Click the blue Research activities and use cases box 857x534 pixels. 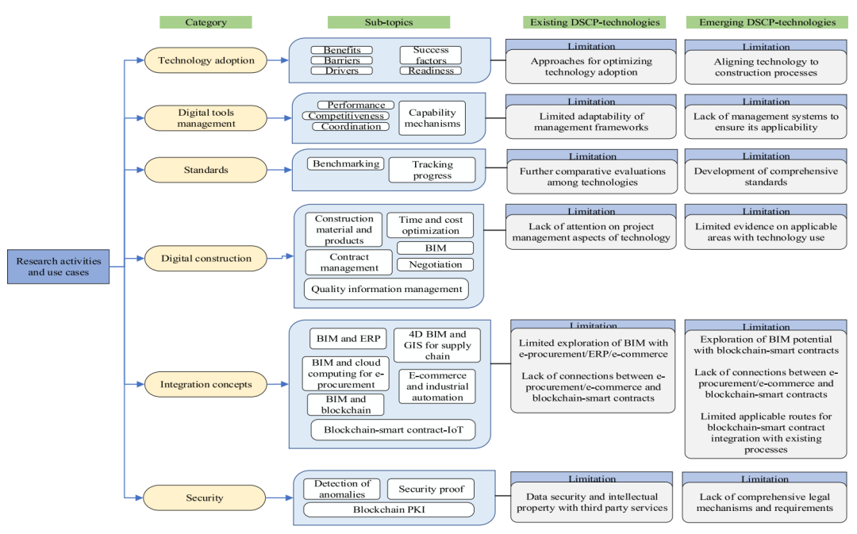coord(59,267)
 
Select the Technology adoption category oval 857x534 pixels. coord(206,60)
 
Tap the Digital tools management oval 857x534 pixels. coord(206,118)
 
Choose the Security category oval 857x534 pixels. coord(205,498)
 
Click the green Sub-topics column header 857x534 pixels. coord(389,22)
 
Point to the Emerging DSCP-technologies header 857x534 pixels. coord(767,22)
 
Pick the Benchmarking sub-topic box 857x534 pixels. coord(346,163)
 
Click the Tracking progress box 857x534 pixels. coord(432,170)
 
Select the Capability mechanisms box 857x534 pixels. coord(432,118)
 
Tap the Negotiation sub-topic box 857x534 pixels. coord(435,264)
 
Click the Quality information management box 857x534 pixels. coord(386,289)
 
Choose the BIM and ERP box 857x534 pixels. coord(348,338)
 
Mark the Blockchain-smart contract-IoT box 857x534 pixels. coord(393,429)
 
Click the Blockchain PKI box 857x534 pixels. coord(389,509)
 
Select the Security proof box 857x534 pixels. coord(431,490)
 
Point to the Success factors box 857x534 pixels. coord(431,56)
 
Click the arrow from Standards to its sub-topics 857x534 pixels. coord(279,170)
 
